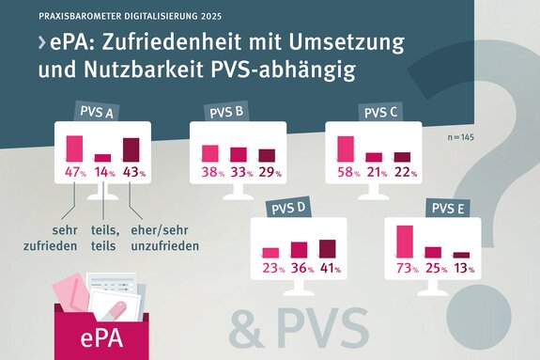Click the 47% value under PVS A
[x=74, y=172]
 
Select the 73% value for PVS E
[x=407, y=268]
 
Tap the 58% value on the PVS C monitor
[x=347, y=172]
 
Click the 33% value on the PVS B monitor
[x=240, y=172]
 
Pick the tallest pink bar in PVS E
[x=405, y=242]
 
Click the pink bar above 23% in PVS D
[x=270, y=252]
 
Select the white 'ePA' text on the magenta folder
[x=100, y=336]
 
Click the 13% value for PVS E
[x=462, y=268]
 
